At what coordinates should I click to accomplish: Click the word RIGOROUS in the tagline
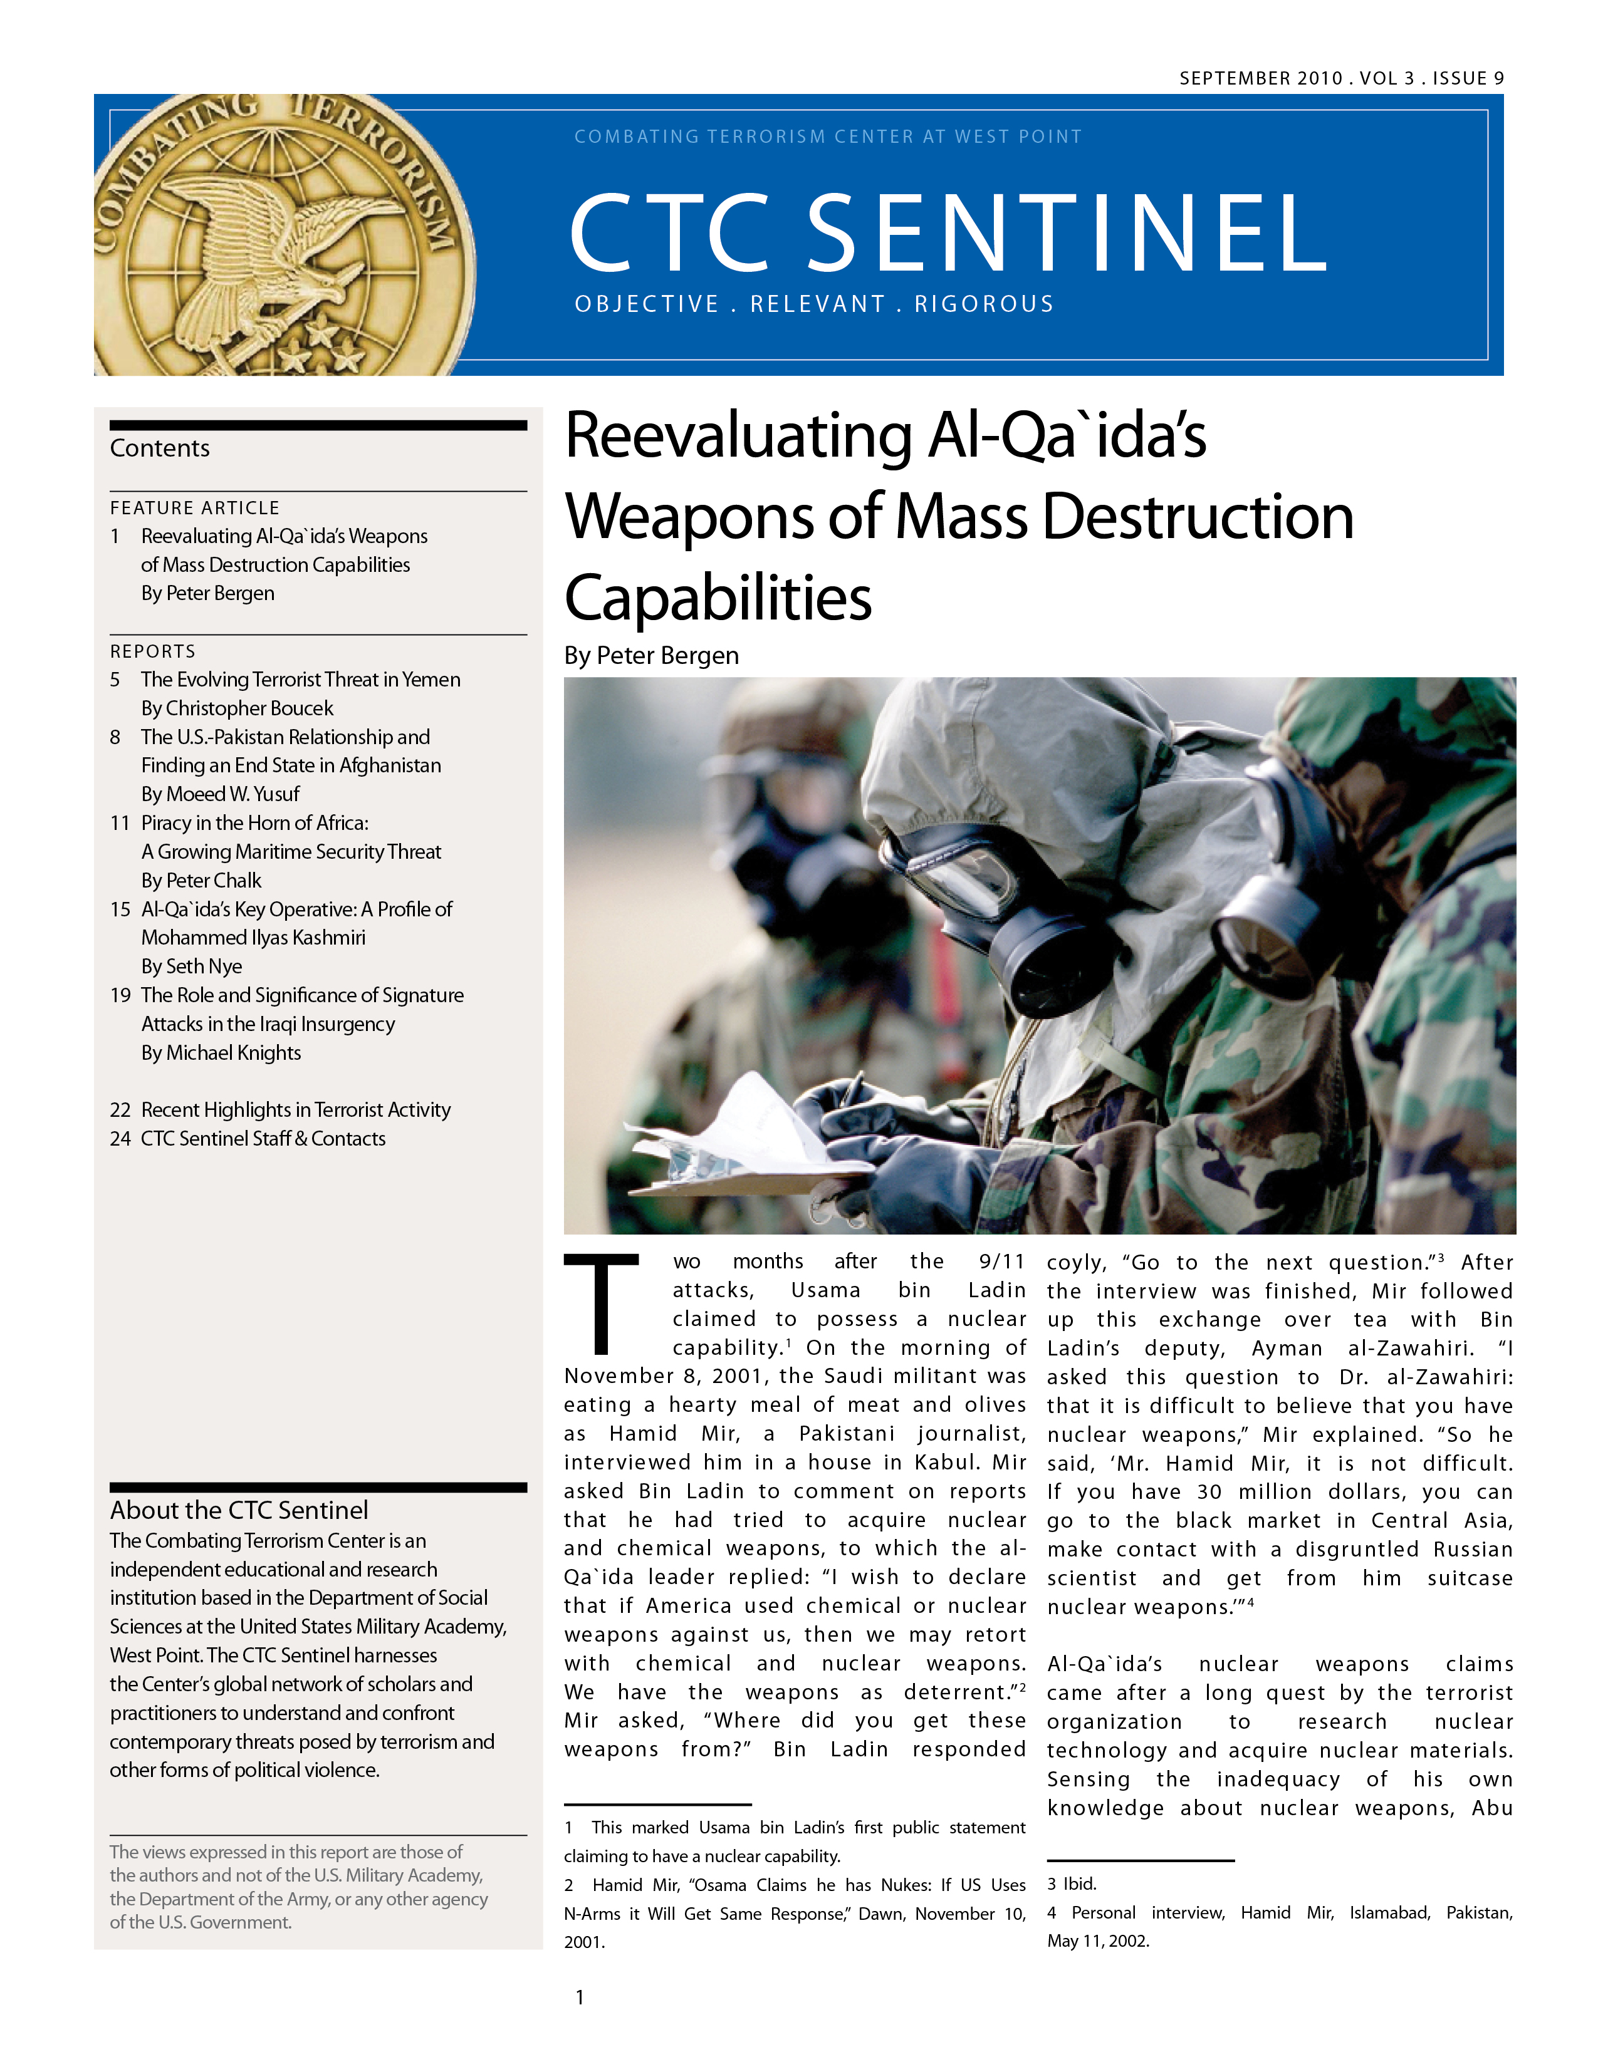coord(984,304)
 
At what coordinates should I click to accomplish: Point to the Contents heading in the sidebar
coord(160,448)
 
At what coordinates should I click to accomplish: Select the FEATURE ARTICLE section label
coord(195,508)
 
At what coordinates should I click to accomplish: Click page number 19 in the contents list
coord(120,996)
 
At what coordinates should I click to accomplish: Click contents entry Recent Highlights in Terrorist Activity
coord(295,1109)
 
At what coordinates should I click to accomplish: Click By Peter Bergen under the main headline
coord(651,656)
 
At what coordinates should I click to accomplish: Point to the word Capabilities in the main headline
coord(718,598)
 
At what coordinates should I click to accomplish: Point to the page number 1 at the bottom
coord(580,1998)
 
